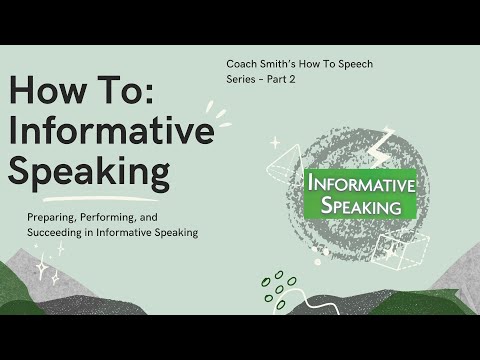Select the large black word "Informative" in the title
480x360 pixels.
111,132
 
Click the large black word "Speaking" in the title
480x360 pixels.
89,172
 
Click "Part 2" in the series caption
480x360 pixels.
288,80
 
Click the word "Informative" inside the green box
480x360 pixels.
361,184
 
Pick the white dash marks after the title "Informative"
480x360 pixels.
215,115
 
